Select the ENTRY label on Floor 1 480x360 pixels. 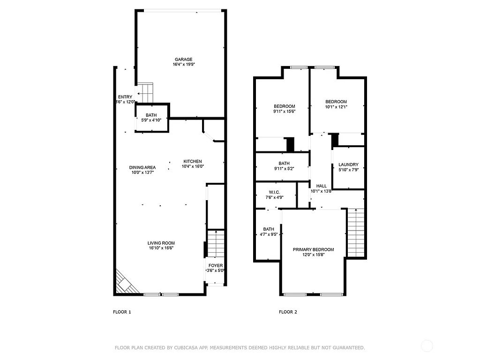click(x=125, y=97)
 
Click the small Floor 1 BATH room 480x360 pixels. click(x=151, y=118)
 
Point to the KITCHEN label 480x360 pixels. click(x=193, y=161)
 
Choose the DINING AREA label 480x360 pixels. click(x=142, y=167)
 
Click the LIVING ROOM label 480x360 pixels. click(x=161, y=243)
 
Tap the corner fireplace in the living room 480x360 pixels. click(x=125, y=283)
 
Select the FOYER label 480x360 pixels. click(x=216, y=265)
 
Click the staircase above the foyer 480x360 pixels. click(x=216, y=244)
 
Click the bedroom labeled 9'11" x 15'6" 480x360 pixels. click(x=284, y=109)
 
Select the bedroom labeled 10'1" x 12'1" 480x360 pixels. click(x=336, y=104)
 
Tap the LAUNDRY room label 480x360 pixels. click(x=348, y=165)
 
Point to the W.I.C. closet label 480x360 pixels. click(x=274, y=192)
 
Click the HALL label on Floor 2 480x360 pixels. click(x=321, y=186)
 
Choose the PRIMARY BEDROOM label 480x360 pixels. click(x=313, y=249)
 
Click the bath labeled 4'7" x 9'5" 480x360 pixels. click(x=269, y=232)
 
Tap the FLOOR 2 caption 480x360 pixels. click(x=288, y=312)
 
